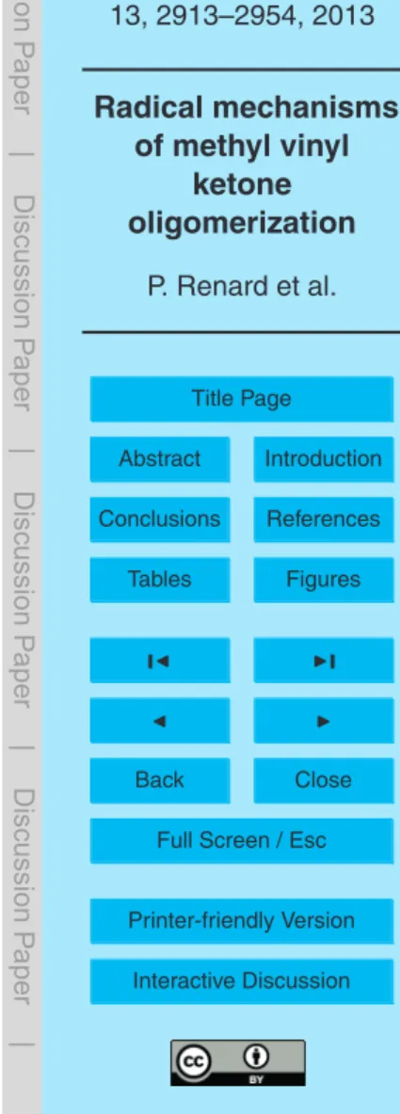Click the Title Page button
(x=242, y=399)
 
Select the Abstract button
(x=160, y=458)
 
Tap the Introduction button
(x=323, y=458)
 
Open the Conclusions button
(x=160, y=518)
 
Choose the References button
(x=323, y=518)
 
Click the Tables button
(x=160, y=579)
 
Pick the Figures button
(x=323, y=579)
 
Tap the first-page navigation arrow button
(x=160, y=660)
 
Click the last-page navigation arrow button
(x=323, y=660)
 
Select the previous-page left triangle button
(x=160, y=720)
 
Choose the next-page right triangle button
(x=323, y=720)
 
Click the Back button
(x=160, y=780)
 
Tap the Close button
(x=323, y=780)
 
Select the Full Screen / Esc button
(x=242, y=840)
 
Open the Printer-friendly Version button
(x=242, y=921)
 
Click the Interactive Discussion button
(x=242, y=981)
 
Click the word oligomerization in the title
(x=242, y=224)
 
